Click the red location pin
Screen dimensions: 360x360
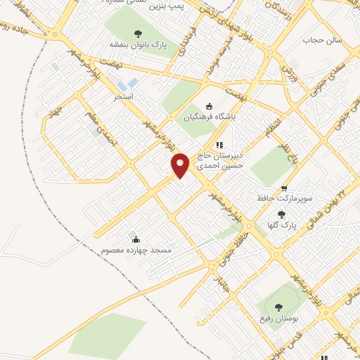pyautogui.click(x=181, y=165)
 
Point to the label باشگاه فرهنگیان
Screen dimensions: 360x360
pyautogui.click(x=209, y=118)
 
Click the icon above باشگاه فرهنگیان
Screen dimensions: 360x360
pyautogui.click(x=209, y=106)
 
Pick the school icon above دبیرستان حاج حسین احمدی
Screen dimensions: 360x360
pyautogui.click(x=219, y=145)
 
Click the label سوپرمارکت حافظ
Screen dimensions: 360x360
pyautogui.click(x=283, y=199)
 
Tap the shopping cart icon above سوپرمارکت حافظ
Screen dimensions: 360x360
pyautogui.click(x=284, y=188)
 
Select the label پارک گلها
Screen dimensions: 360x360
pyautogui.click(x=283, y=226)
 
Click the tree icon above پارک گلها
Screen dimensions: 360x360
pyautogui.click(x=282, y=214)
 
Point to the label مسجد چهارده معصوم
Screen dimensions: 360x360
pyautogui.click(x=136, y=250)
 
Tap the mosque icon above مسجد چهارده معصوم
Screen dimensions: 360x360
pyautogui.click(x=136, y=238)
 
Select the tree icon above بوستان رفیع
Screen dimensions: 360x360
pyautogui.click(x=278, y=307)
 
